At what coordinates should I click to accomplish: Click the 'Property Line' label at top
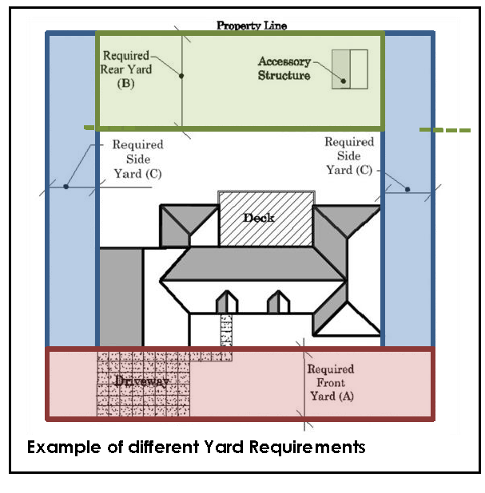(251, 26)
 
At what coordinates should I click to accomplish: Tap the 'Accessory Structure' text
(284, 69)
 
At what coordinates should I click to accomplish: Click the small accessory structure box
(349, 68)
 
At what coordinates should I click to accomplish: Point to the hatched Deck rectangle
(265, 217)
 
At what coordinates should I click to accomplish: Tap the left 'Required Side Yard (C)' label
(137, 159)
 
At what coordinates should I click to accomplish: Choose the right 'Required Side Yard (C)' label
(348, 156)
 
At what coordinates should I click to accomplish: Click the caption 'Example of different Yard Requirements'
(197, 447)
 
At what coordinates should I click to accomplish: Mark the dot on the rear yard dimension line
(182, 76)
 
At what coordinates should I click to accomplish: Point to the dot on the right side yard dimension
(407, 190)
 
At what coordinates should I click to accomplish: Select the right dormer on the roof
(277, 302)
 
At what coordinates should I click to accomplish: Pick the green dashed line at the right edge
(445, 129)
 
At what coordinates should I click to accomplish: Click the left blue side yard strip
(72, 239)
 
